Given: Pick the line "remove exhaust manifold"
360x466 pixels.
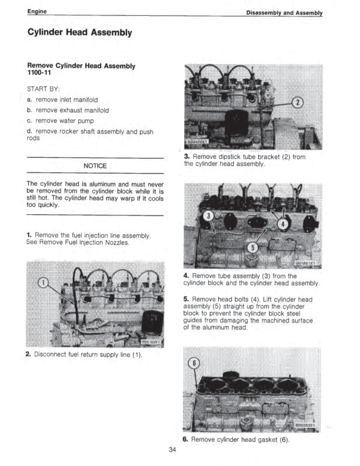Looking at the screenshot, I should click(x=71, y=110).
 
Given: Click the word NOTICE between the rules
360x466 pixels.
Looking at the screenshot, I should click(x=95, y=166).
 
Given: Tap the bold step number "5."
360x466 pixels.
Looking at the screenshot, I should click(x=186, y=299).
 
